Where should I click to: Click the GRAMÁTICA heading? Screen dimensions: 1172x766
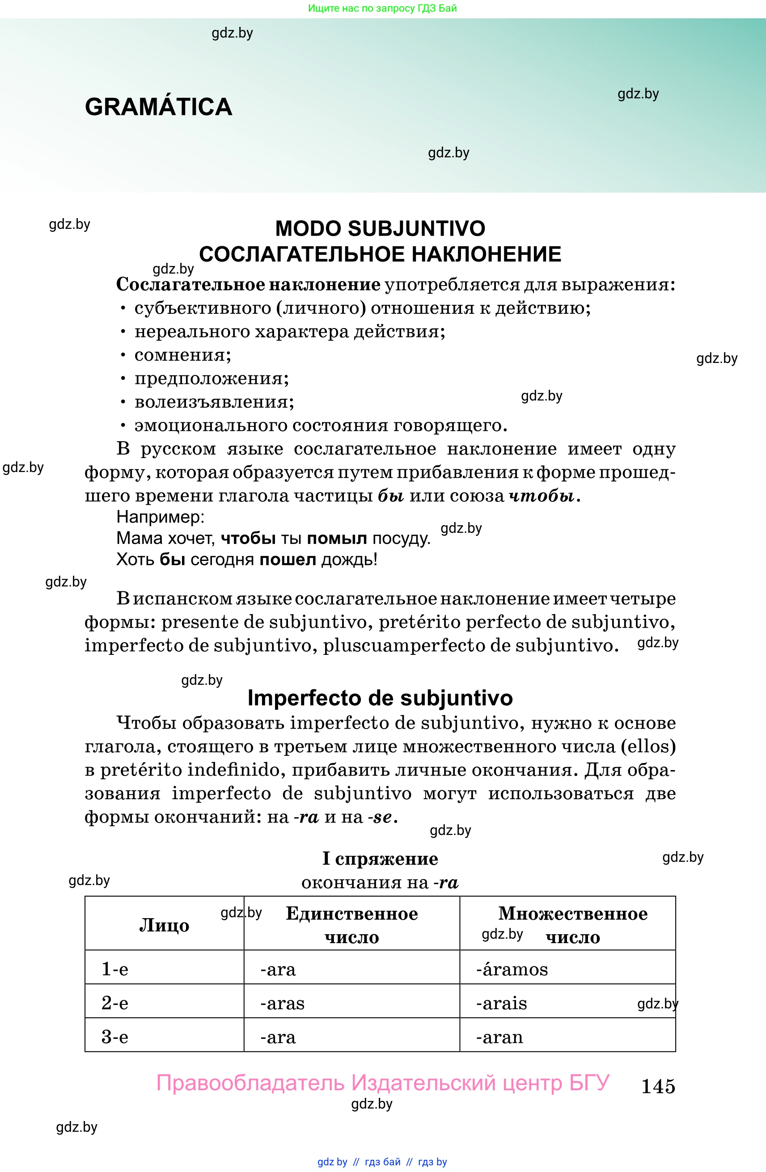pyautogui.click(x=158, y=107)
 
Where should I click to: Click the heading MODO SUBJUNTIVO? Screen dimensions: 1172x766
pyautogui.click(x=380, y=228)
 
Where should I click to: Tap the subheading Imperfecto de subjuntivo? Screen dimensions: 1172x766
pyautogui.click(x=380, y=698)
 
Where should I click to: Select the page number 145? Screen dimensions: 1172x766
pyautogui.click(x=658, y=1086)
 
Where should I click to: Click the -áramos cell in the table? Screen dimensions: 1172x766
pyautogui.click(x=512, y=969)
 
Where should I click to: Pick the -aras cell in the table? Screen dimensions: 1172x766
pyautogui.click(x=282, y=1003)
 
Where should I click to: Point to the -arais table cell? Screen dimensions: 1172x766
pyautogui.click(x=501, y=1003)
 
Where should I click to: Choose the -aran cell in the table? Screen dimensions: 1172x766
pyautogui.click(x=499, y=1037)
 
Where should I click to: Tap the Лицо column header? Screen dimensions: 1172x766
pyautogui.click(x=164, y=925)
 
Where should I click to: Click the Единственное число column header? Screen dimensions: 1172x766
pyautogui.click(x=352, y=925)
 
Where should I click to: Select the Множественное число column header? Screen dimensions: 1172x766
pyautogui.click(x=572, y=925)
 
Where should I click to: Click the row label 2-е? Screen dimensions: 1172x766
pyautogui.click(x=115, y=1003)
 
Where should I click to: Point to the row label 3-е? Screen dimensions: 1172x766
pyautogui.click(x=115, y=1037)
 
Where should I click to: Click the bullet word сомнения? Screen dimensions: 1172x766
pyautogui.click(x=182, y=355)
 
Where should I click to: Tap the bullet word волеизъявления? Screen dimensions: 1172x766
pyautogui.click(x=214, y=402)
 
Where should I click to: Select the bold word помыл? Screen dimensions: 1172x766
pyautogui.click(x=336, y=538)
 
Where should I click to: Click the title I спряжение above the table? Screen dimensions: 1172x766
pyautogui.click(x=380, y=859)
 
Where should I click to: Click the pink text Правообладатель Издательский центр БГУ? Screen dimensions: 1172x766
pyautogui.click(x=383, y=1082)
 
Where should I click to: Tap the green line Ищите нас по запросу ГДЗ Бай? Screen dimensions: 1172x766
pyautogui.click(x=382, y=8)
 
